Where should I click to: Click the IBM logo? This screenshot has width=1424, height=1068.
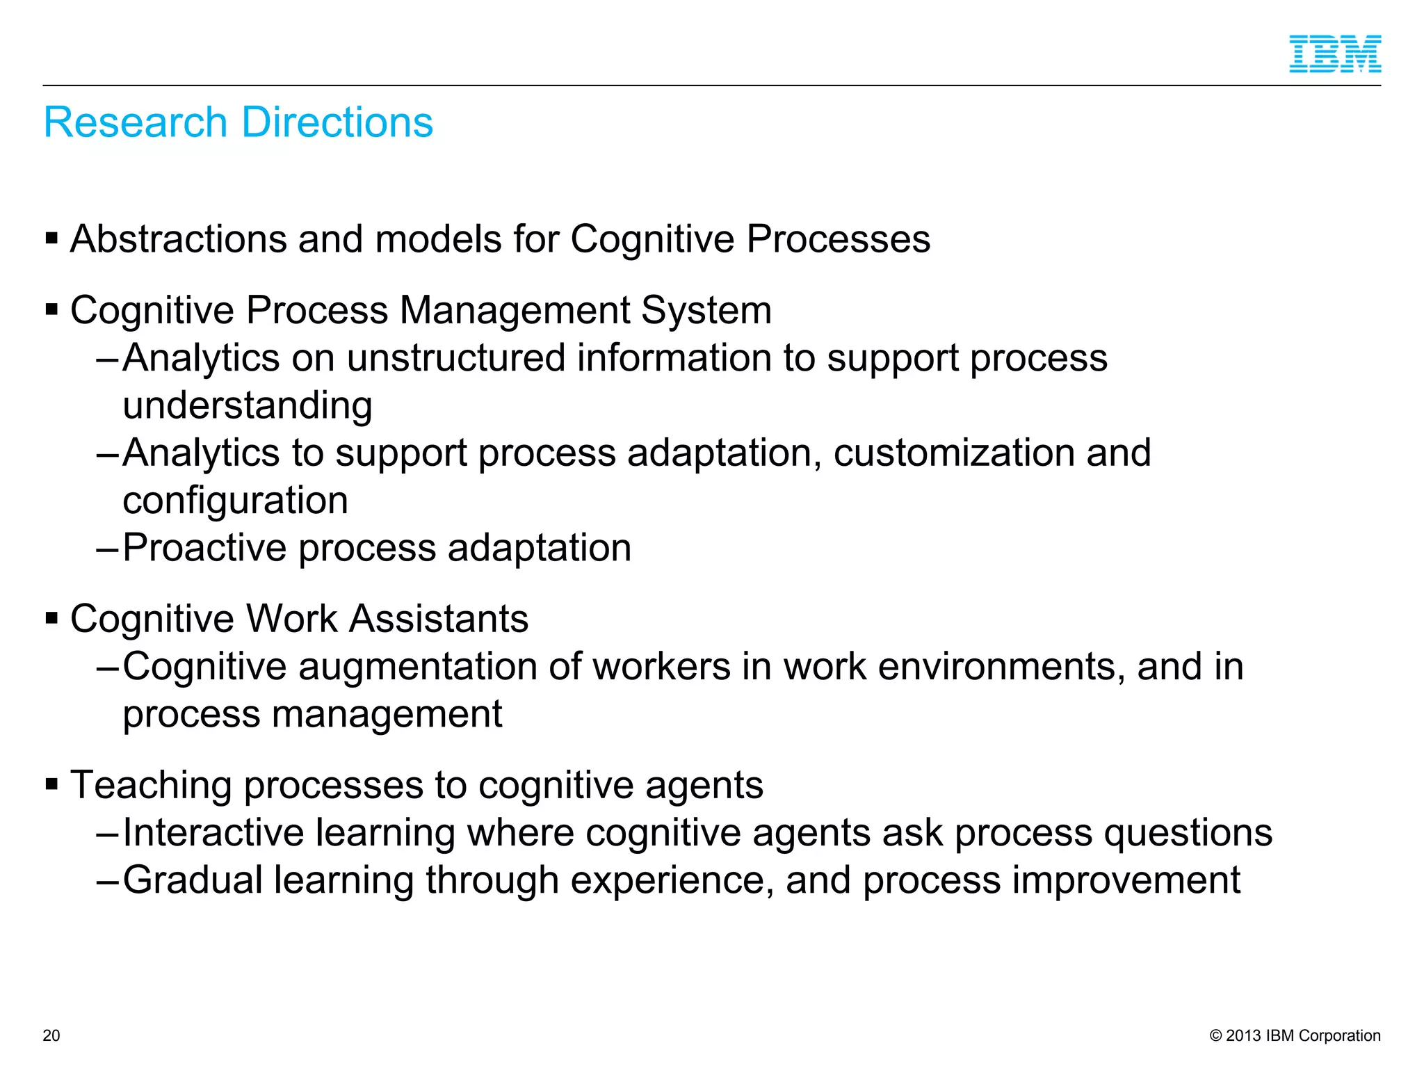(1334, 54)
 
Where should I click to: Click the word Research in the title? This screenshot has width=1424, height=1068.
(136, 122)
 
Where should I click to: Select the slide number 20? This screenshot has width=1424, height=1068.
(51, 1035)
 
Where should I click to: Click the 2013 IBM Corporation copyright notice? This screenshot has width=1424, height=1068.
(1295, 1035)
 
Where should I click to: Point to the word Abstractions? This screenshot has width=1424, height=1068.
(178, 239)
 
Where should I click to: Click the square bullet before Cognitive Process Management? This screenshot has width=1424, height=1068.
(51, 309)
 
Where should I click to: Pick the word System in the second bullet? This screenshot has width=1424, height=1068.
(706, 311)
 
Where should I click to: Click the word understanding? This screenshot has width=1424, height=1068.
(248, 405)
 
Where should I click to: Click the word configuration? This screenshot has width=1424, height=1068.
(235, 501)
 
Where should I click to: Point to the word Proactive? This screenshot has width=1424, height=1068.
(204, 548)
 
